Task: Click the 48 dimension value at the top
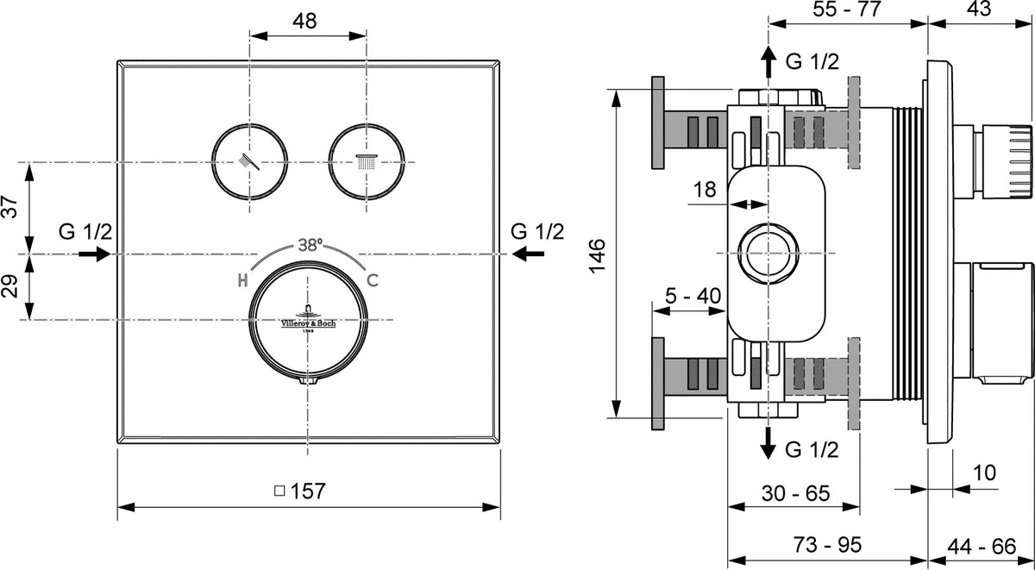click(305, 21)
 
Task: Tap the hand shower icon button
click(249, 161)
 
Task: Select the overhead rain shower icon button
click(367, 161)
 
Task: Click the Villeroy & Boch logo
click(308, 319)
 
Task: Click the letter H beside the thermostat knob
click(242, 280)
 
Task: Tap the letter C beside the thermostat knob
click(373, 280)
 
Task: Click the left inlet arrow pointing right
click(94, 254)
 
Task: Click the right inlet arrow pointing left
click(529, 254)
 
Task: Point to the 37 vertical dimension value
click(9, 207)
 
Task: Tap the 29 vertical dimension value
click(9, 286)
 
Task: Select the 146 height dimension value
click(597, 256)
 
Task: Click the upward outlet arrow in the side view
click(768, 61)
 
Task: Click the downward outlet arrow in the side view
click(768, 443)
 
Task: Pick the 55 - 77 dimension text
click(847, 9)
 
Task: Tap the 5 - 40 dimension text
click(693, 296)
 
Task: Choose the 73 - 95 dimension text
click(827, 545)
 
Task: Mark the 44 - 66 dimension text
click(982, 547)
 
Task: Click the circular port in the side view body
click(768, 254)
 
